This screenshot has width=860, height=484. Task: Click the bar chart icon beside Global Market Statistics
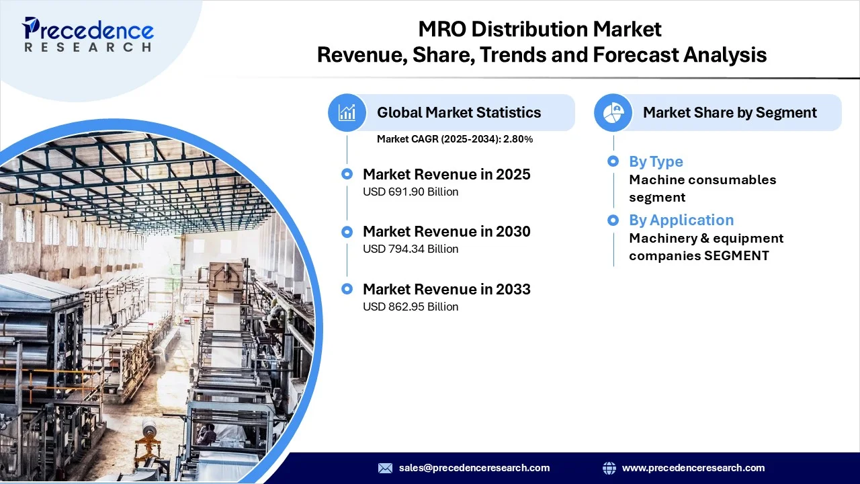347,112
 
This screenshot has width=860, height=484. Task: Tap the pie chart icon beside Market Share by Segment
613,112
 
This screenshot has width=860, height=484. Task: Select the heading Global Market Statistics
459,112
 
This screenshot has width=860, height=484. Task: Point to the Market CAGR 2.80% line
455,139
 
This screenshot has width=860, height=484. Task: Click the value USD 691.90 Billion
411,192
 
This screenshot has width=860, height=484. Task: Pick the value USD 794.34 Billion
411,249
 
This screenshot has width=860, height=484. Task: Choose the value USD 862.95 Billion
411,307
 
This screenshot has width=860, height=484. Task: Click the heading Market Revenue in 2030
446,232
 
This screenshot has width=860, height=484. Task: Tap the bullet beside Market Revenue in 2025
347,174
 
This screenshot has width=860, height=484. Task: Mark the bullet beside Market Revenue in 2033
347,289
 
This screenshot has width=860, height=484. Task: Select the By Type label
656,161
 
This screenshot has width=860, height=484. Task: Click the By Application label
681,220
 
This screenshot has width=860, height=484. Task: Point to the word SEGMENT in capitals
737,255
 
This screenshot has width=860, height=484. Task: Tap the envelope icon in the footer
385,468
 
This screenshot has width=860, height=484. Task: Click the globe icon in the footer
609,468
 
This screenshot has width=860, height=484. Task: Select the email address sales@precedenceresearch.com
474,468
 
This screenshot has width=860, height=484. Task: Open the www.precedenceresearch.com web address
693,468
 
